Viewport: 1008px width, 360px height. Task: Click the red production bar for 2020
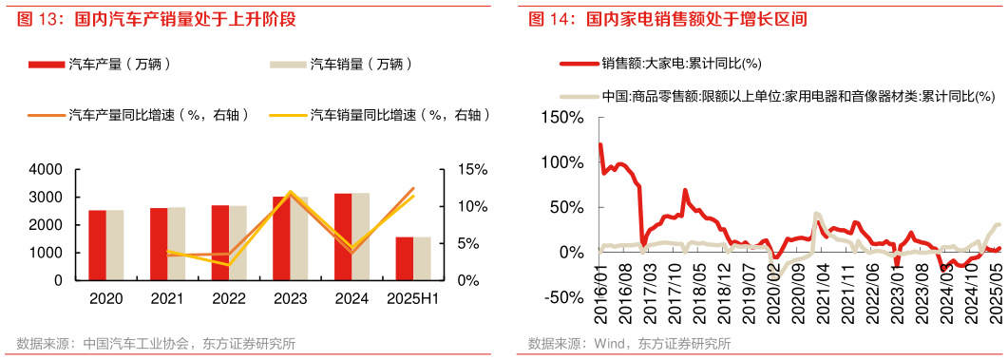pyautogui.click(x=97, y=245)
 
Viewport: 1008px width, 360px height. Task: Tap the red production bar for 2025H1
pyautogui.click(x=404, y=258)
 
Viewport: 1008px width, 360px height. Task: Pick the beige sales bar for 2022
pyautogui.click(x=238, y=243)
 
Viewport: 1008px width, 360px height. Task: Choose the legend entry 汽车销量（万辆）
pyautogui.click(x=360, y=65)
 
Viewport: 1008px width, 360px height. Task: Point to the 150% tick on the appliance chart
pyautogui.click(x=563, y=117)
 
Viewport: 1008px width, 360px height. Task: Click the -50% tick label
pyautogui.click(x=566, y=297)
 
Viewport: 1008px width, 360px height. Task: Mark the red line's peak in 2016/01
pyautogui.click(x=600, y=144)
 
